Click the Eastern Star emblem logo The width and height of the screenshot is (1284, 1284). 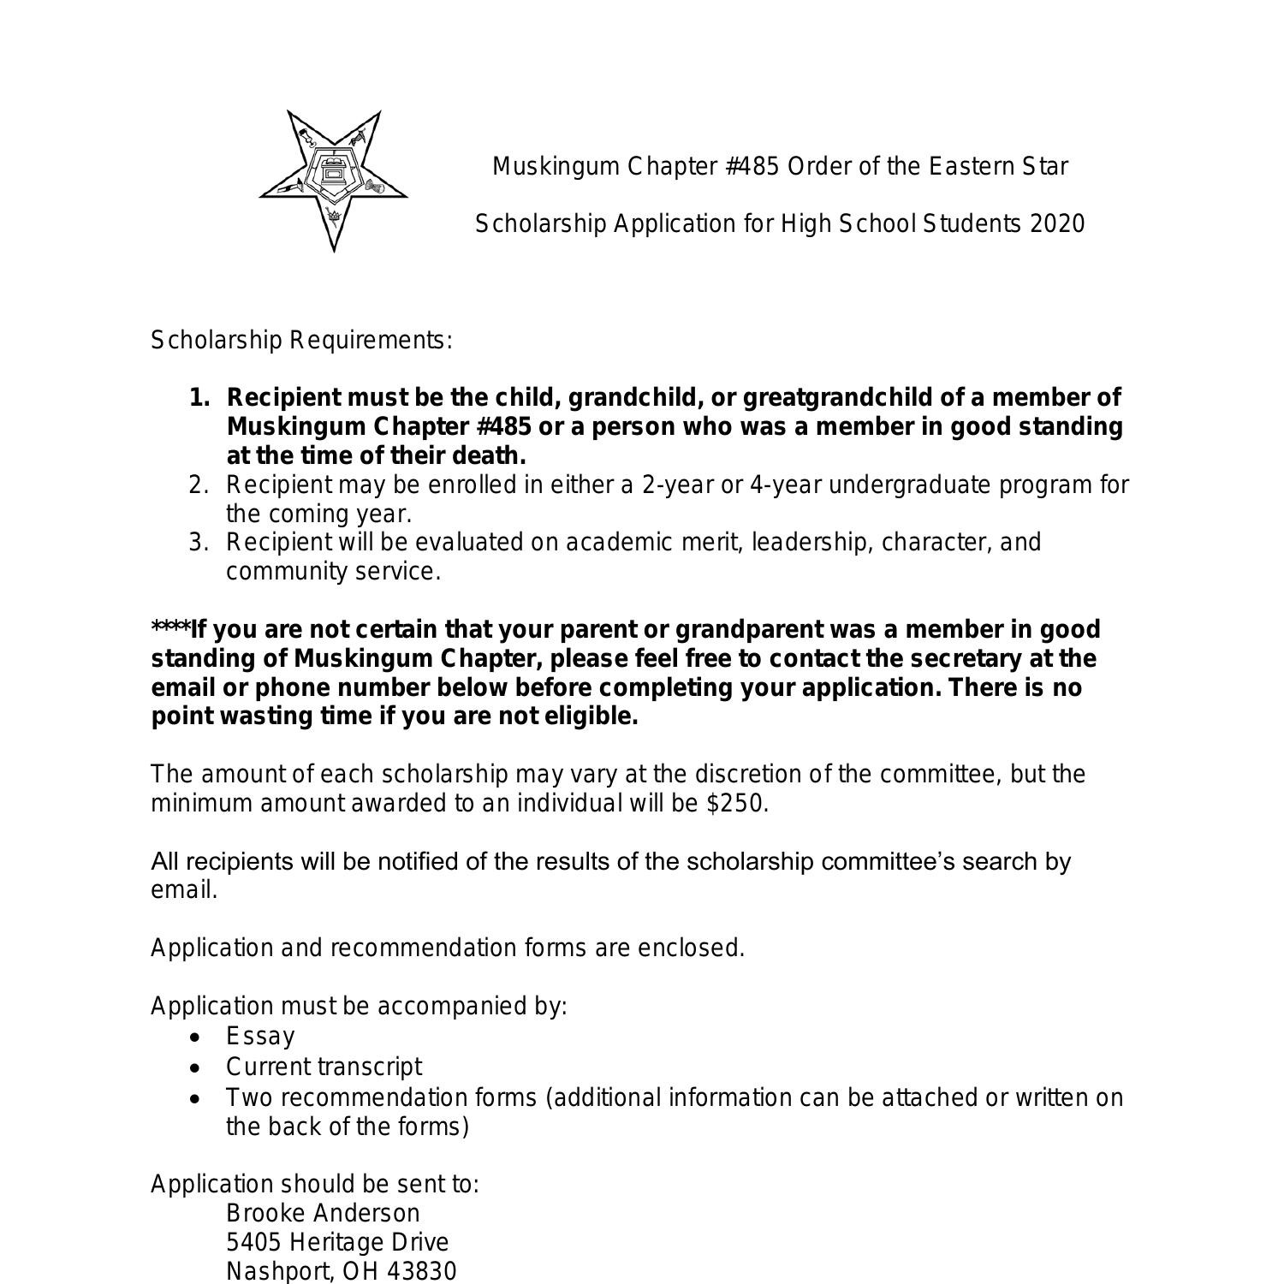(x=333, y=180)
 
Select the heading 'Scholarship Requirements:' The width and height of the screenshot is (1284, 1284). (x=301, y=341)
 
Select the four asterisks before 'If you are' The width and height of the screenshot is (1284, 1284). (x=170, y=628)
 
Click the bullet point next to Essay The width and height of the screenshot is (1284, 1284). (x=198, y=1037)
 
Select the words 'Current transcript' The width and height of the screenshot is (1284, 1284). (x=324, y=1067)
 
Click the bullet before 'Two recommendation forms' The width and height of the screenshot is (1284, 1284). (x=198, y=1098)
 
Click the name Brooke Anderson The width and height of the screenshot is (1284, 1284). (x=323, y=1214)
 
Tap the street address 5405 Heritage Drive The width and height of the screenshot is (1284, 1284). (x=337, y=1243)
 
